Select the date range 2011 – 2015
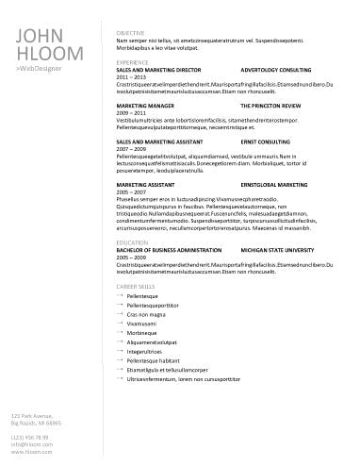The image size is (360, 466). coord(128,76)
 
